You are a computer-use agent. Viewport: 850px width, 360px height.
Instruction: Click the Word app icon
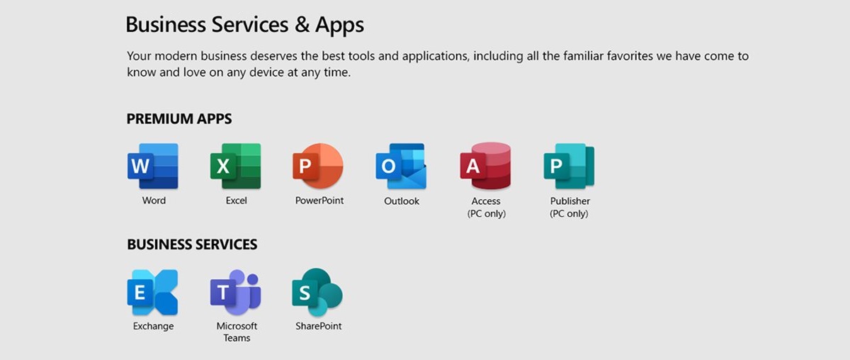point(153,166)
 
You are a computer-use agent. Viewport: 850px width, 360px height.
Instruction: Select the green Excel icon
point(236,166)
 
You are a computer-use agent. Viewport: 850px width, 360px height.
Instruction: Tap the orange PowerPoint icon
point(318,166)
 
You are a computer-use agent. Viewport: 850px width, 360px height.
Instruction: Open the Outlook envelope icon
point(401,166)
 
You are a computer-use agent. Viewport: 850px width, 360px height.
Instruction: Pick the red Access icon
point(485,166)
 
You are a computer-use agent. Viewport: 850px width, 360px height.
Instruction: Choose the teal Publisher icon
point(569,166)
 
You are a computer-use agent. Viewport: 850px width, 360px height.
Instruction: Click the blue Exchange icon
point(152,293)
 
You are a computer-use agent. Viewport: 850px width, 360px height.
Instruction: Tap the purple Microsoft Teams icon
point(236,293)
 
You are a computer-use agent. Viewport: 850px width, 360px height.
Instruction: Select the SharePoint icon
point(317,293)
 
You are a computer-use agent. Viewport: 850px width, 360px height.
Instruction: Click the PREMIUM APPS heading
point(179,119)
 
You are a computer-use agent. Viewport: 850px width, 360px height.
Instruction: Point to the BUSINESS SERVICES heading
point(192,244)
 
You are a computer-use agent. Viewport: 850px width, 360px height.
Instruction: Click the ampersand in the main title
point(302,24)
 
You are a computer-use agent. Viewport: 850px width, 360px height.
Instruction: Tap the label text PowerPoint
point(319,200)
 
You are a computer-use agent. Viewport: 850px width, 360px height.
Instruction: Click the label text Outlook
point(402,201)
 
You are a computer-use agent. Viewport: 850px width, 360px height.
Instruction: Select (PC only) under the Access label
point(487,213)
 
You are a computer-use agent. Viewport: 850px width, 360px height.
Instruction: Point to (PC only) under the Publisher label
point(569,213)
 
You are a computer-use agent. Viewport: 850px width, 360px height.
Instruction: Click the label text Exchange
point(153,326)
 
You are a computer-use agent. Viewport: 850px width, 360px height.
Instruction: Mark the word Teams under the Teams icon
point(237,337)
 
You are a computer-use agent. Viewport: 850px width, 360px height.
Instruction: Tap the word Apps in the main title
point(339,25)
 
